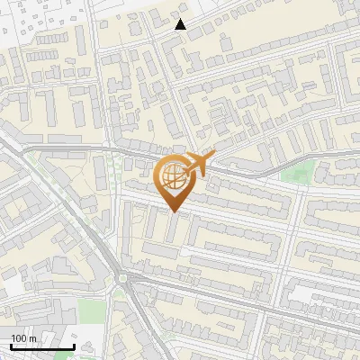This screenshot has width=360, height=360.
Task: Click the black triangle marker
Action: coord(181,24)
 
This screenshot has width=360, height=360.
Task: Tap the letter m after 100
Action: coord(32,338)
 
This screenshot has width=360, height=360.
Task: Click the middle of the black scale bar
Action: coord(42,346)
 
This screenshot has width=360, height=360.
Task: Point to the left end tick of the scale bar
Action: coord(11,346)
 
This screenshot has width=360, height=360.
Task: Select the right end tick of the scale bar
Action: coord(74,346)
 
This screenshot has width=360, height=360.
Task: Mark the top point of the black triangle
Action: coord(181,19)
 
